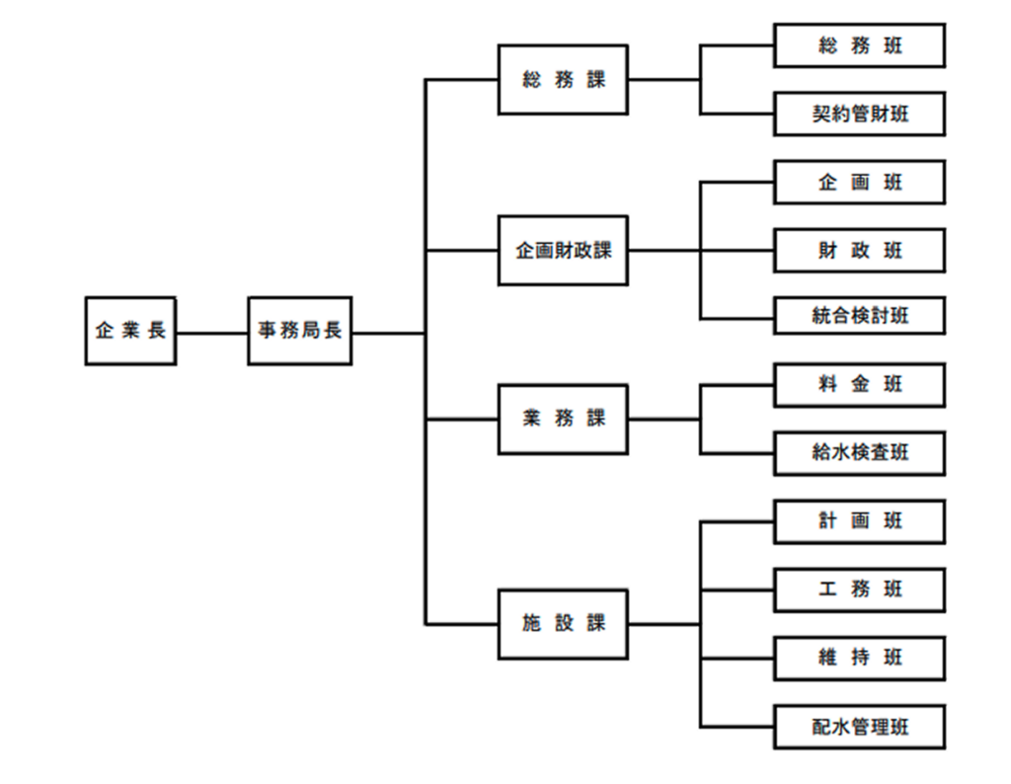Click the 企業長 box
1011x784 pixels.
(130, 331)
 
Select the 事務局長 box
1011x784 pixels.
(299, 331)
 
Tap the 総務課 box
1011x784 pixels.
(563, 80)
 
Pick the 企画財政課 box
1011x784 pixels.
(563, 251)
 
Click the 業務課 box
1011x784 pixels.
(563, 419)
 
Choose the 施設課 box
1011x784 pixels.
(563, 624)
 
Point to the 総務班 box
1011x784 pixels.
(859, 45)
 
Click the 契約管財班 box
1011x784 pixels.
(859, 115)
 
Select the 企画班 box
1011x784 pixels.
(859, 183)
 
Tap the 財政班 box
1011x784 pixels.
(859, 251)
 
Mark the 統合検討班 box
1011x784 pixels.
(859, 317)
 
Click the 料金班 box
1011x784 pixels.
(859, 385)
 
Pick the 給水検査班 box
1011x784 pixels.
(859, 453)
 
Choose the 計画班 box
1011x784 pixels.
(859, 521)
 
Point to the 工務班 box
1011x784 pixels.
(859, 589)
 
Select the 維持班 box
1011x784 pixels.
(859, 659)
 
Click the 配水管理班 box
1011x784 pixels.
(859, 728)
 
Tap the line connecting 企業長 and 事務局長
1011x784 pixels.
(211, 333)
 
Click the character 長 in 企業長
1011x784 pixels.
(157, 331)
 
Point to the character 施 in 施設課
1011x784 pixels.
(531, 624)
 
